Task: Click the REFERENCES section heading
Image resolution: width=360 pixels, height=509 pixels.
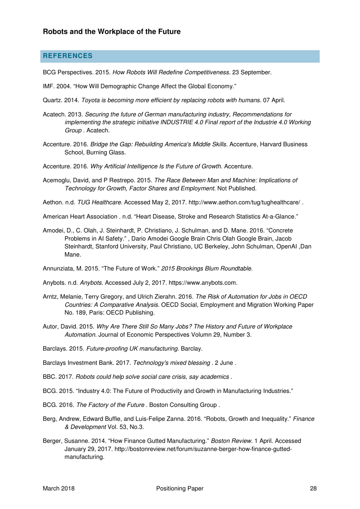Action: pos(67,56)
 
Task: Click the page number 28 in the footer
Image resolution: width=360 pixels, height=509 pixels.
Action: pos(313,489)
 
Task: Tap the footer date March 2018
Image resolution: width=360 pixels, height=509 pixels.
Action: pos(59,489)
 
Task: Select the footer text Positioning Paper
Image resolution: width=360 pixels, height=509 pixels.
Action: pos(180,489)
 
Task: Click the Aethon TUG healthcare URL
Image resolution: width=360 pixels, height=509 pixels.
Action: pos(244,203)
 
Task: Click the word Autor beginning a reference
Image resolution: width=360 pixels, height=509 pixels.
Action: pos(50,327)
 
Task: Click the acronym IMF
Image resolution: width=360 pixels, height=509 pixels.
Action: pos(48,86)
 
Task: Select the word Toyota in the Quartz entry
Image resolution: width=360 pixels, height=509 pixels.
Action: pos(91,101)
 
